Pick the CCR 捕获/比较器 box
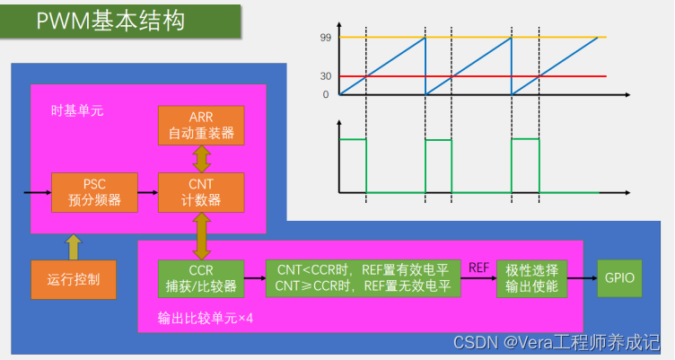pyautogui.click(x=200, y=278)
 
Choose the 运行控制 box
pyautogui.click(x=74, y=280)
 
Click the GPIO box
pyautogui.click(x=620, y=278)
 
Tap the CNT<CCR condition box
pyautogui.click(x=363, y=278)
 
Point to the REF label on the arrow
pyautogui.click(x=478, y=267)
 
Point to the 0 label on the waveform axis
pyautogui.click(x=326, y=94)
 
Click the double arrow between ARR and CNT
pyautogui.click(x=201, y=158)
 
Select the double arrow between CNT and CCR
pyautogui.click(x=201, y=234)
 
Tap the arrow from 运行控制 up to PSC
pyautogui.click(x=74, y=245)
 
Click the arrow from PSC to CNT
pyautogui.click(x=148, y=191)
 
